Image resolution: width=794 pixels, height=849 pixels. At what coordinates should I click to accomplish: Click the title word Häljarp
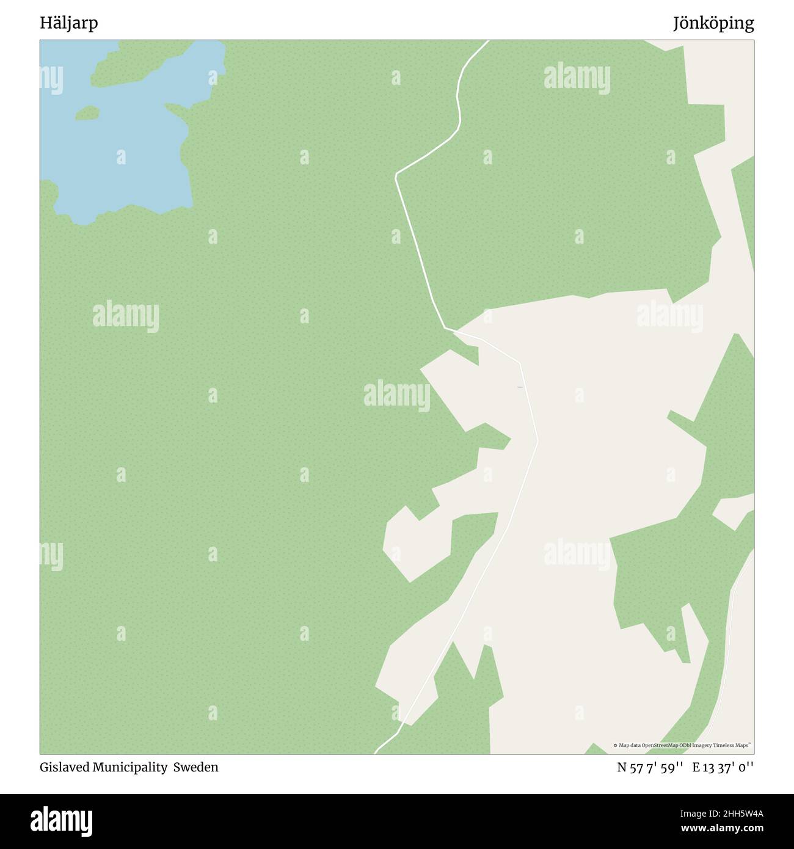[69, 23]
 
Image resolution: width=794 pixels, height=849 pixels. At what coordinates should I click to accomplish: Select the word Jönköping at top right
[713, 23]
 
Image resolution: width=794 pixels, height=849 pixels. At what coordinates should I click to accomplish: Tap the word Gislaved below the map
[65, 767]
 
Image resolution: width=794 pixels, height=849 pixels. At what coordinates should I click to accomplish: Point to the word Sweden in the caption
[195, 767]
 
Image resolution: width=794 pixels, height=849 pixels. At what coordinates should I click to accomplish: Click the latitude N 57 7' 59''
[650, 768]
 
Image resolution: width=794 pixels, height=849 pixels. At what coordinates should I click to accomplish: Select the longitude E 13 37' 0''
[723, 768]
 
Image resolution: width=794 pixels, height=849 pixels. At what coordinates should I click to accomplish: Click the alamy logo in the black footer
[62, 821]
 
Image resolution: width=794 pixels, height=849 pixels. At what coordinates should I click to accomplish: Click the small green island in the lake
[87, 112]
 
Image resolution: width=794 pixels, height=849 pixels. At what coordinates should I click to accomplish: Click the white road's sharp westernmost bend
[396, 175]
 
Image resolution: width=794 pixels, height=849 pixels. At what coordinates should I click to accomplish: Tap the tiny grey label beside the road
[520, 387]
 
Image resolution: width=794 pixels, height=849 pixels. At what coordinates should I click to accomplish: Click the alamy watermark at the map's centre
[397, 395]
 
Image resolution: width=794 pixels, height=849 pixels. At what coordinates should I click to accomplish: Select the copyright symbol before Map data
[615, 745]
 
